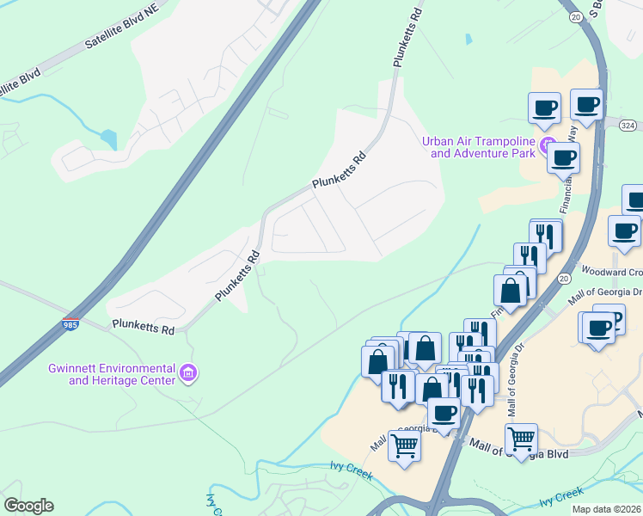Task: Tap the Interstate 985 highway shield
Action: coord(71,324)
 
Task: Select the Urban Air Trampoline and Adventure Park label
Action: coord(479,147)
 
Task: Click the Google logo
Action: coord(28,506)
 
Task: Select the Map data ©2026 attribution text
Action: coord(605,509)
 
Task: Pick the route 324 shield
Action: coord(628,126)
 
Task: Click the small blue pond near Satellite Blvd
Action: coord(107,138)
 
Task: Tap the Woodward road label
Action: coord(617,273)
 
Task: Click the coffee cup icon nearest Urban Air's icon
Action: coord(563,157)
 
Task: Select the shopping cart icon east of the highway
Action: coord(521,439)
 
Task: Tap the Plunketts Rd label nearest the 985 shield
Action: coord(144,328)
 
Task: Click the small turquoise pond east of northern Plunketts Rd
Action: coord(468,40)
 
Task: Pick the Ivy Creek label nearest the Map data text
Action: coord(560,497)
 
